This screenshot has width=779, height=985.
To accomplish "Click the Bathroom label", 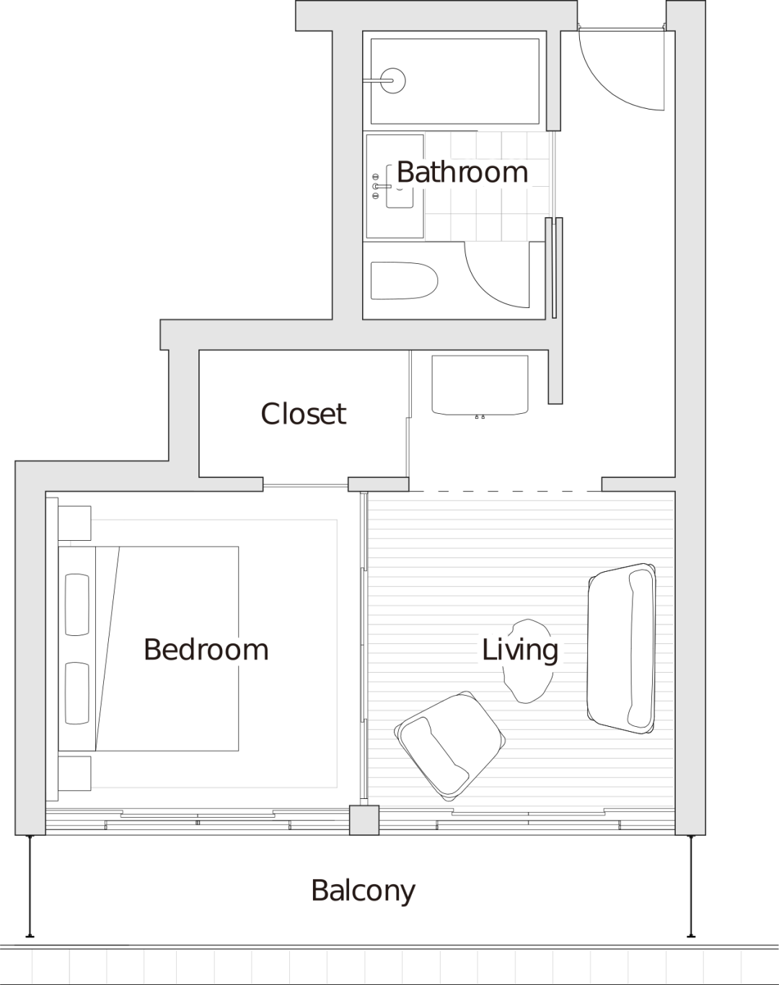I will click(462, 172).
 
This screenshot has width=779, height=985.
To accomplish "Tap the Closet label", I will click(304, 414).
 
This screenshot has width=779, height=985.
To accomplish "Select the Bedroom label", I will click(206, 650).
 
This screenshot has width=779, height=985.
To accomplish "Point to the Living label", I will click(519, 650).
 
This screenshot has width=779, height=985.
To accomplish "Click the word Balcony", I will click(364, 891).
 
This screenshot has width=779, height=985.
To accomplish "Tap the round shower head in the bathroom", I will click(393, 81).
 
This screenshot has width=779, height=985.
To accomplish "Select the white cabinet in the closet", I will click(480, 384).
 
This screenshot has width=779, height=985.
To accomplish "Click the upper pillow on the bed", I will click(77, 604).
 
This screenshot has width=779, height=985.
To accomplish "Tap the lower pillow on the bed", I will click(77, 693).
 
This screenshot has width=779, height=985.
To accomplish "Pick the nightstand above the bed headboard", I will click(74, 524).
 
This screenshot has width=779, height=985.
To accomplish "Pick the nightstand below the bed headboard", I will click(74, 773).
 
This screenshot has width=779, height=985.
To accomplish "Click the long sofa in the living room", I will click(622, 648).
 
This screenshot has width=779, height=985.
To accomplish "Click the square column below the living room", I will click(364, 820).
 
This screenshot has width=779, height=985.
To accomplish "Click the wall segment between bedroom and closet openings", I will click(379, 484).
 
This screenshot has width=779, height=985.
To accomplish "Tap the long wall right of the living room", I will click(690, 505).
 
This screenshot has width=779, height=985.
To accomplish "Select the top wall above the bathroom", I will click(436, 16).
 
